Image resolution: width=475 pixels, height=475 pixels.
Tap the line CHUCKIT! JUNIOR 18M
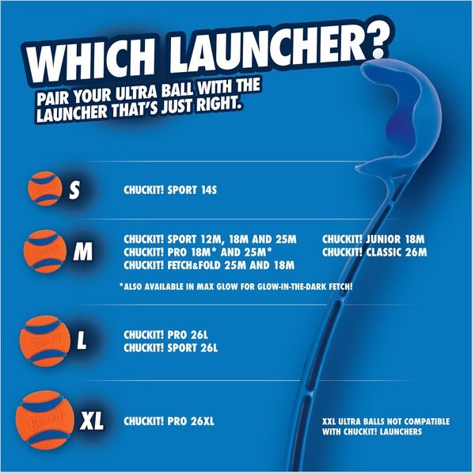(x=374, y=237)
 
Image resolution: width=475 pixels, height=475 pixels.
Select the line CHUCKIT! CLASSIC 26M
(x=374, y=252)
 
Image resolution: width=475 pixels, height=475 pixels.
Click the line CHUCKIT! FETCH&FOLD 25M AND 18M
(x=209, y=265)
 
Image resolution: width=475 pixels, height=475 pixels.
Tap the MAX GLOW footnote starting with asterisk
(x=236, y=286)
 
